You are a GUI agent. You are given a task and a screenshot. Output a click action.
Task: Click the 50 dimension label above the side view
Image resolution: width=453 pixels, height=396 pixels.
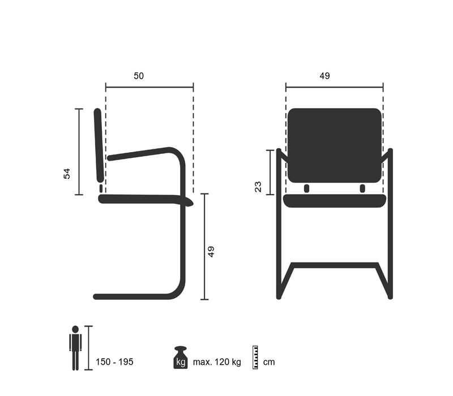tap(139, 76)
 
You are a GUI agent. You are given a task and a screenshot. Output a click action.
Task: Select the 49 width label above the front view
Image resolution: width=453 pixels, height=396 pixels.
tap(324, 76)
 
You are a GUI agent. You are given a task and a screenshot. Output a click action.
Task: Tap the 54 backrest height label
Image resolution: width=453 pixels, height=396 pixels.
tap(67, 174)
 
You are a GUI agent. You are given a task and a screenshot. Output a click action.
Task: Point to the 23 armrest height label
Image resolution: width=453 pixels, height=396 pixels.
tap(258, 187)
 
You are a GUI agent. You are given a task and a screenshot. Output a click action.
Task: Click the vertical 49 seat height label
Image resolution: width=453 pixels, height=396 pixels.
tap(211, 252)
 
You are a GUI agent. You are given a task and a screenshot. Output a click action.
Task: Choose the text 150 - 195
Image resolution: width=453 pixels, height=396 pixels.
tap(114, 362)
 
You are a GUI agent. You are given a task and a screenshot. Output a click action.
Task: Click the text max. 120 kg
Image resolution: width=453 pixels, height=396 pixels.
tap(217, 362)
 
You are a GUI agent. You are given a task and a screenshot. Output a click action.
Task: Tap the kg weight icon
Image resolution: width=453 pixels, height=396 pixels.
tap(181, 358)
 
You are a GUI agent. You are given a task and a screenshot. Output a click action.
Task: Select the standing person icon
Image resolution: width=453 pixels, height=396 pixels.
tap(75, 348)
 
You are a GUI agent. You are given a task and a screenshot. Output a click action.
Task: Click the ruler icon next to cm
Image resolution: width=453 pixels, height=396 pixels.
tap(255, 358)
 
